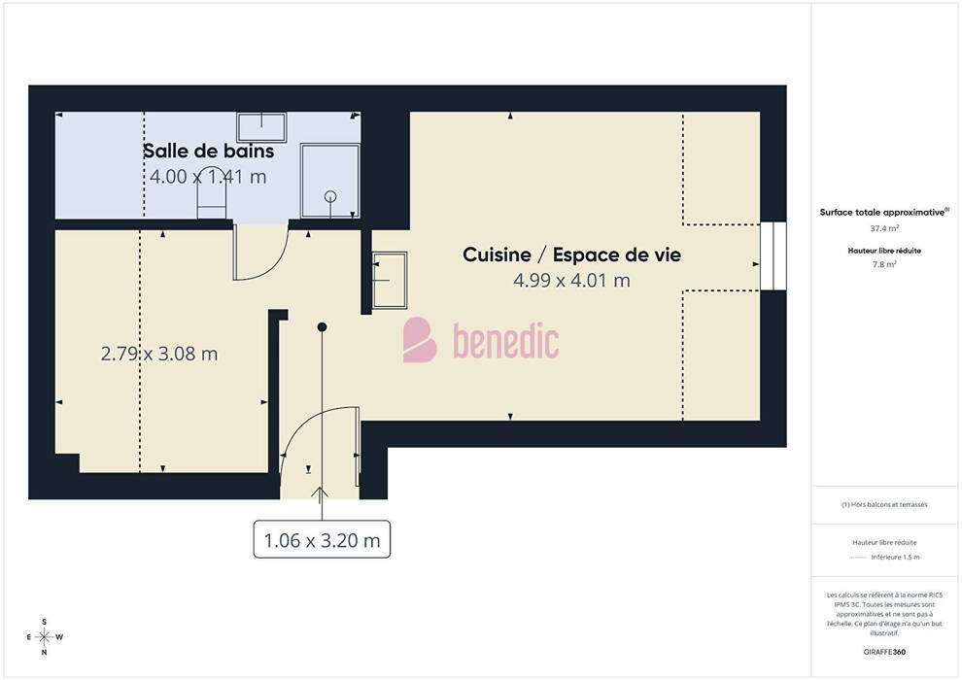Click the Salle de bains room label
pos(209,151)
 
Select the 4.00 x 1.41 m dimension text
pos(209,177)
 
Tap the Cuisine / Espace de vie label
pos(571,255)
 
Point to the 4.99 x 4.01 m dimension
pos(571,280)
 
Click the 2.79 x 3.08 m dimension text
pos(159,354)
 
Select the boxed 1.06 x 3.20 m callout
pos(322,539)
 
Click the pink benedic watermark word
pos(506,340)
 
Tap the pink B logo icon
pos(420,340)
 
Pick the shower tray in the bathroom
pos(330,181)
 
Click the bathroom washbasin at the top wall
pos(262,127)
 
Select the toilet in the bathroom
pos(212,200)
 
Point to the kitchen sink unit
pos(390,280)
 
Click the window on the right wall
pos(773,255)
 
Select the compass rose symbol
pos(44,637)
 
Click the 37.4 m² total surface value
pos(884,228)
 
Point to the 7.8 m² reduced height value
pos(884,264)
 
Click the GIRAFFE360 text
pos(884,652)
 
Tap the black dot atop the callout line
pos(322,326)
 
